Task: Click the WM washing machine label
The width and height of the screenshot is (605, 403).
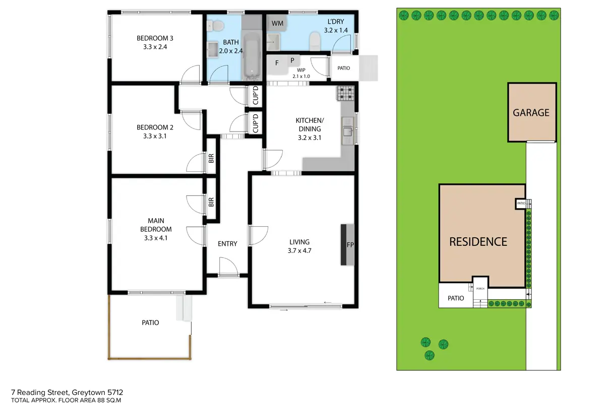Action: [x=277, y=23]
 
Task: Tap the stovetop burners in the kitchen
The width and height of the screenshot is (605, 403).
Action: [x=345, y=93]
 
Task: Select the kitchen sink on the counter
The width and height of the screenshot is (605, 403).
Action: [x=348, y=131]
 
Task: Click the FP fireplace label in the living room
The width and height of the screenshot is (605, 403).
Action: [x=350, y=245]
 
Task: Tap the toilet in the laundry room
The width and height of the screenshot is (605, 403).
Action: [x=315, y=41]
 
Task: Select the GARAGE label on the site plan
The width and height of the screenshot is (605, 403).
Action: [x=531, y=112]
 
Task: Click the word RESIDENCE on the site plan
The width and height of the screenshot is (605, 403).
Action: [x=478, y=242]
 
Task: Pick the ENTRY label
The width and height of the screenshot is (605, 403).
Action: [x=227, y=244]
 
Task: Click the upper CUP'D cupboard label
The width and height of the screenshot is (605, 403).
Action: [x=256, y=96]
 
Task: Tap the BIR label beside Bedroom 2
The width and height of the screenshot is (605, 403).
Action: [x=211, y=158]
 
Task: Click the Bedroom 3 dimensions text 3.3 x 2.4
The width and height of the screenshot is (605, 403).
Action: [x=155, y=47]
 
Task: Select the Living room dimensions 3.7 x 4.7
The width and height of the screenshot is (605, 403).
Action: [x=299, y=251]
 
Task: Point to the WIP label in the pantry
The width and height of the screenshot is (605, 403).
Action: [x=301, y=70]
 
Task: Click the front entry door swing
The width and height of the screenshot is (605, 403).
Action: [x=228, y=266]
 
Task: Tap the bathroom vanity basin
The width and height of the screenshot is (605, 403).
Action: [x=213, y=49]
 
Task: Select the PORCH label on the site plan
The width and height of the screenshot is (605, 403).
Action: [x=480, y=289]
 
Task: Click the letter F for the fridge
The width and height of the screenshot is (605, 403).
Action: [x=277, y=63]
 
